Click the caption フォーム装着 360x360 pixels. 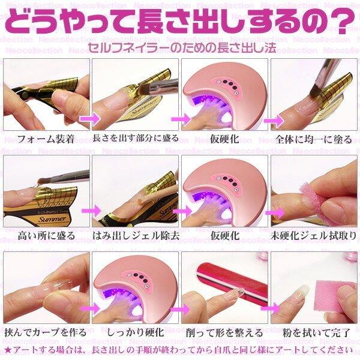[45, 139]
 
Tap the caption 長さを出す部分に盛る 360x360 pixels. [136, 139]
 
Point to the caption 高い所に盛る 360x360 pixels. [40, 235]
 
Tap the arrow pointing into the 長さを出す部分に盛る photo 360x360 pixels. [87, 119]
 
